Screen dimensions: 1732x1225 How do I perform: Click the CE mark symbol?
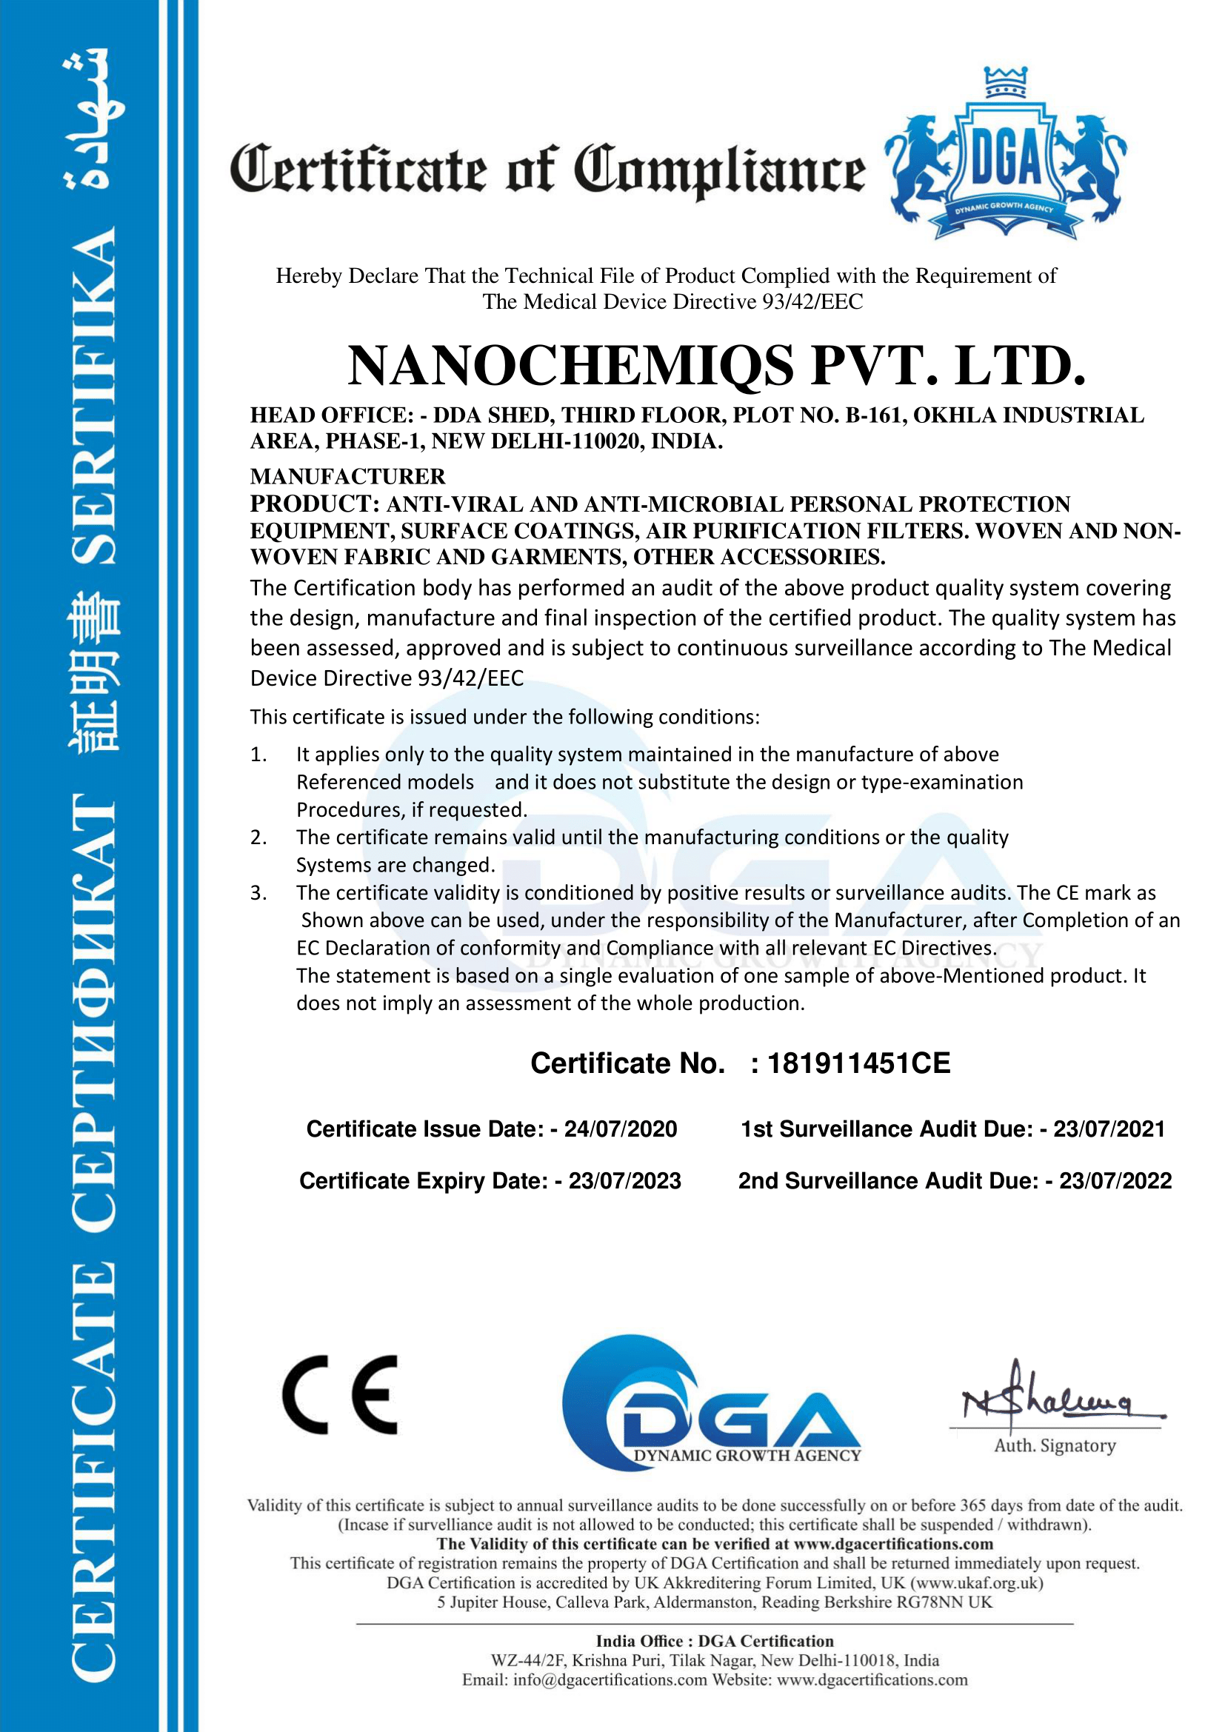click(x=340, y=1395)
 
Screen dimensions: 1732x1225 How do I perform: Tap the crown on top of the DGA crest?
click(x=1006, y=81)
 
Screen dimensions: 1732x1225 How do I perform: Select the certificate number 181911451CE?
click(x=858, y=1063)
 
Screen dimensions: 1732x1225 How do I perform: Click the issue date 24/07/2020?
click(x=620, y=1129)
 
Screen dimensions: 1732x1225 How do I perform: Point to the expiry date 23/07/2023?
click(x=624, y=1181)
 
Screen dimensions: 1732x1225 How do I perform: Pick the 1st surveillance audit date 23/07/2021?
click(x=1109, y=1129)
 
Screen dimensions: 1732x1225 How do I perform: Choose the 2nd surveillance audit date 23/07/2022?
click(x=1115, y=1181)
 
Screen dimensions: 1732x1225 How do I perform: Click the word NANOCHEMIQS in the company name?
click(x=570, y=366)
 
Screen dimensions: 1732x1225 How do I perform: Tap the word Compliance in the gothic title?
click(x=720, y=170)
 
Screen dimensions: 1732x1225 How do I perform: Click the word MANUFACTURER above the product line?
click(x=348, y=477)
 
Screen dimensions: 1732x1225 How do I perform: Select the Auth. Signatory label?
click(x=1055, y=1446)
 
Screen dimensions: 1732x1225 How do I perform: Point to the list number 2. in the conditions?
click(x=258, y=837)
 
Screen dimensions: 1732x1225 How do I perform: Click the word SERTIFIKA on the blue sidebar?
click(x=94, y=396)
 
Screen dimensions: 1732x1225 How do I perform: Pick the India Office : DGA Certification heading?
click(x=714, y=1642)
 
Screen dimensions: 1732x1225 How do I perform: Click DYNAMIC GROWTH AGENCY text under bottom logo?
click(x=747, y=1456)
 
